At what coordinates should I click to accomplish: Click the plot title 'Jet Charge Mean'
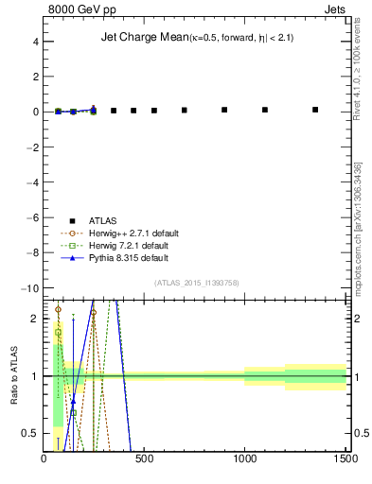click(143, 38)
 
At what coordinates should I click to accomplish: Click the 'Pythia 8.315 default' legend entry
click(122, 257)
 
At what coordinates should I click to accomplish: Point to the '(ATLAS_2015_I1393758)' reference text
click(198, 283)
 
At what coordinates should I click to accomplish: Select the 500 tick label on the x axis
click(145, 460)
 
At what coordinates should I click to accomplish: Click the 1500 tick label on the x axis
click(345, 460)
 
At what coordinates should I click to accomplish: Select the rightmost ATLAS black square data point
click(315, 110)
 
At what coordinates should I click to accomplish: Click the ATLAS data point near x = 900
click(224, 110)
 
